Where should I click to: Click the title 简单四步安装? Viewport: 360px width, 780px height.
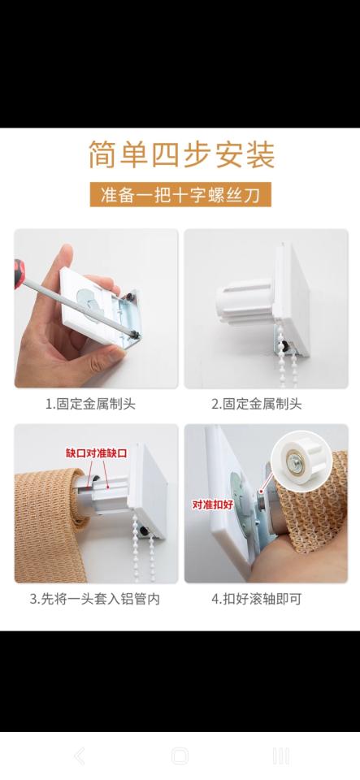coord(181,154)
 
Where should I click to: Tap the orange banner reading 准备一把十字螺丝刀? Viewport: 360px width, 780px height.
coord(180,194)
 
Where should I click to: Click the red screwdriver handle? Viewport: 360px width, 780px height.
coord(19,273)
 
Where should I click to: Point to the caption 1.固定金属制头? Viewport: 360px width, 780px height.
coord(90,404)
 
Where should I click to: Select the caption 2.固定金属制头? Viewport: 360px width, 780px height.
coord(257,404)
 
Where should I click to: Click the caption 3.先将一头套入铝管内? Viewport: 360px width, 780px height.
coord(94,599)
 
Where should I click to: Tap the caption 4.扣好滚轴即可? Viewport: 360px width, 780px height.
coord(257,599)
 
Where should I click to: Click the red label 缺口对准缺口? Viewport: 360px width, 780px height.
coord(97,453)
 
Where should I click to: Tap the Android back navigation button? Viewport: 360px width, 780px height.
coord(80,756)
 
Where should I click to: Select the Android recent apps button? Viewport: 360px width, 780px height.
coord(281,756)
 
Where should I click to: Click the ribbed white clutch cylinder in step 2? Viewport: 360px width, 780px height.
coord(245,300)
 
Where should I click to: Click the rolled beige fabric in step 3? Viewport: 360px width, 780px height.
coord(50,526)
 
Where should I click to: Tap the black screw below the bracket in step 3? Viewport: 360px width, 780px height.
coord(144,531)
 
